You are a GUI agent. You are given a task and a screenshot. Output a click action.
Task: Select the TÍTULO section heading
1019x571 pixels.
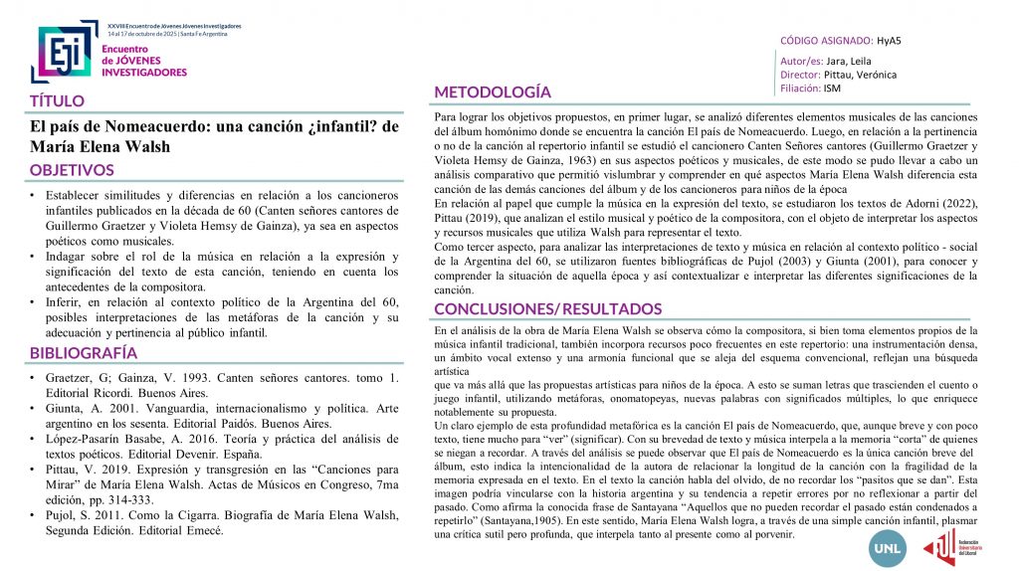coord(57,100)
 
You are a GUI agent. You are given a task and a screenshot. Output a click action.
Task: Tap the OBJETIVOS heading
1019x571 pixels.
coord(72,170)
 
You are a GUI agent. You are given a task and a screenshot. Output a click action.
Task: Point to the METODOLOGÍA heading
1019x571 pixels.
coord(493,93)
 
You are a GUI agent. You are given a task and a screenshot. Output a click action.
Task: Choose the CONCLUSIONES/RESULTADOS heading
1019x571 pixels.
coord(547,308)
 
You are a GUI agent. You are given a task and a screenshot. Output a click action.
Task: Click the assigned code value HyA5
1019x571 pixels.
coord(889,41)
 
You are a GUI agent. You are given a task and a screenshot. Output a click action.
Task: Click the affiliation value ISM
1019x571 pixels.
coord(832,88)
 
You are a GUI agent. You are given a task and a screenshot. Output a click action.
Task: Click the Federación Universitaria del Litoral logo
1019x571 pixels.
coord(953,543)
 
